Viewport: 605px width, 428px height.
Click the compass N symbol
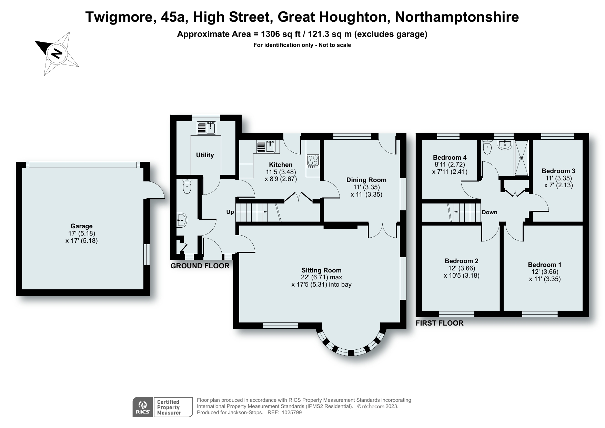(x=57, y=54)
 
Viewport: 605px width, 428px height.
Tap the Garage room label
(x=81, y=226)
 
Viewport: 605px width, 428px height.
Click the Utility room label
(x=205, y=155)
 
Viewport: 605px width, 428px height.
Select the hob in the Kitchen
(x=313, y=161)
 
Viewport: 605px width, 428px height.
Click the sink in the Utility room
(x=206, y=128)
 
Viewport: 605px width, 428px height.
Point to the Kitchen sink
(x=265, y=146)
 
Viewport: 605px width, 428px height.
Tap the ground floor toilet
(x=187, y=187)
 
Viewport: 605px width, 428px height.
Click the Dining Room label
(x=366, y=180)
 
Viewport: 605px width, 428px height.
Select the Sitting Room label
(x=321, y=270)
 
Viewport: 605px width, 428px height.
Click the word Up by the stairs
(x=230, y=212)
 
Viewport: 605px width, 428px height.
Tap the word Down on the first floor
(x=489, y=212)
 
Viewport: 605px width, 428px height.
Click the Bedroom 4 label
(x=450, y=158)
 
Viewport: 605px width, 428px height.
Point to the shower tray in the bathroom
(x=521, y=158)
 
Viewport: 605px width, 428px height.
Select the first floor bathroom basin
(x=505, y=145)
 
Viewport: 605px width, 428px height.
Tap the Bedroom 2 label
(x=461, y=261)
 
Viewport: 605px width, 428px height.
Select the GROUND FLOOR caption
(x=200, y=266)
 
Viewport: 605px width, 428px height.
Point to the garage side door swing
(x=155, y=190)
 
